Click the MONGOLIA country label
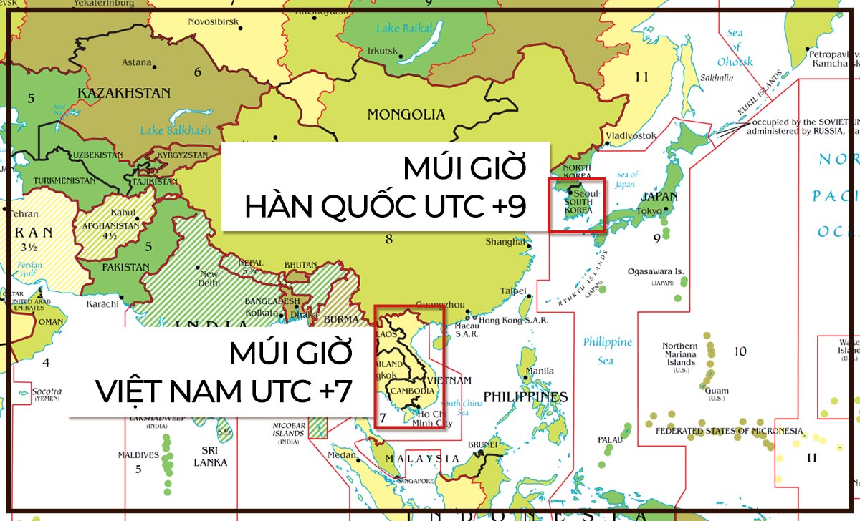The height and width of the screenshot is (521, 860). coord(406,115)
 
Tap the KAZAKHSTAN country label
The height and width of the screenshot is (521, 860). coord(123,94)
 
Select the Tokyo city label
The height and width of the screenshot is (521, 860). coord(649,211)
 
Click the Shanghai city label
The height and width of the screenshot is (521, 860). coord(506,242)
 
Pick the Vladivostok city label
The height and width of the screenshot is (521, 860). coord(631,135)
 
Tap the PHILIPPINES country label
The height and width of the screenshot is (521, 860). coord(525,397)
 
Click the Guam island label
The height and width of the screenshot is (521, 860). coord(717,391)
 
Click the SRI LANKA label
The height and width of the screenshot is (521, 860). coord(210,456)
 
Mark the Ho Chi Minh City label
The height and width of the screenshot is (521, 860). coord(432,418)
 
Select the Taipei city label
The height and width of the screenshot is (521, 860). coord(512,291)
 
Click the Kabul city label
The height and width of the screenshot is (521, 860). coord(123,213)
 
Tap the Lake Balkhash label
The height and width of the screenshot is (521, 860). coord(176,130)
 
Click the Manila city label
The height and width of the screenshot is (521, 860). coord(540,371)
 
